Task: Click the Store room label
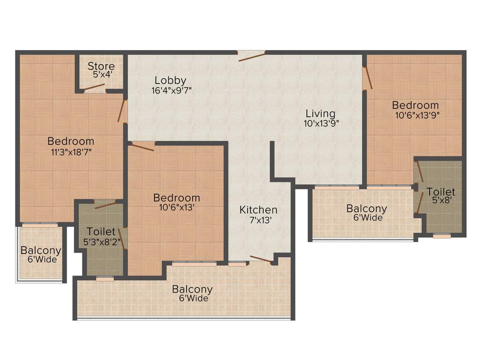point(101,66)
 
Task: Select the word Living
point(321,113)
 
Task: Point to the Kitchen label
point(258,210)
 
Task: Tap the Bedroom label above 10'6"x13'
point(177,198)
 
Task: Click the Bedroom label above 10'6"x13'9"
point(416,105)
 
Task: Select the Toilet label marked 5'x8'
point(441,192)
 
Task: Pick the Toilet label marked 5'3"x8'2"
point(101,232)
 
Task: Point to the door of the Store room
point(95,90)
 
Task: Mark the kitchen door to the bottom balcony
point(261,260)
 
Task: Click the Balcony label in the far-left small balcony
point(41,250)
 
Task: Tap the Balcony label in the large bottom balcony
point(192,289)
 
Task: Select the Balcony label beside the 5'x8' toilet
point(367,209)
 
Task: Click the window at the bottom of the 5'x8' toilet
point(442,236)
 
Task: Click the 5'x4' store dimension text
point(101,74)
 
